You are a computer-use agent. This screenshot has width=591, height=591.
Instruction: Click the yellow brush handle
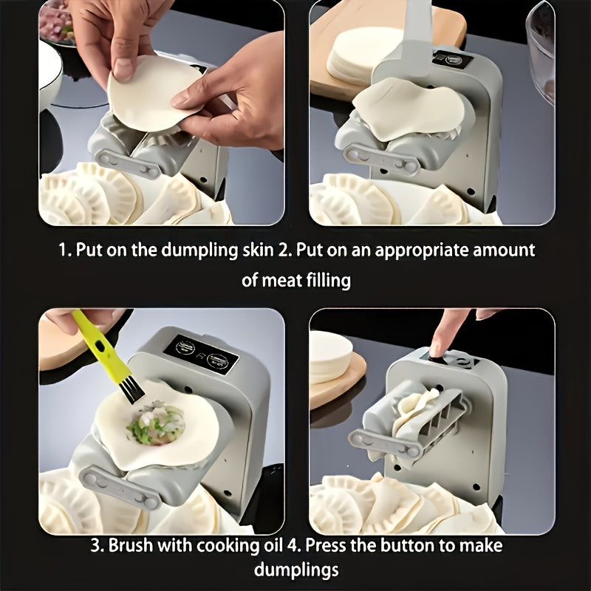click(x=99, y=346)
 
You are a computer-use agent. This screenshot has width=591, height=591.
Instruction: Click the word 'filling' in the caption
click(x=328, y=281)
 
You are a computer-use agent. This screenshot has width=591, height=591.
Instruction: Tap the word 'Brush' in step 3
click(x=131, y=545)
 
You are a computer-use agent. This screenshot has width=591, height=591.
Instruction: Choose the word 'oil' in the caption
click(x=272, y=545)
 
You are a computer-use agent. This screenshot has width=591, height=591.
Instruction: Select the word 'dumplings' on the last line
click(x=296, y=570)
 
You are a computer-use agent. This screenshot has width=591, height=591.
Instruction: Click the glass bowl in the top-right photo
click(x=541, y=52)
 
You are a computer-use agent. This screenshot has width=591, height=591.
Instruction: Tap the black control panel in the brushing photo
click(x=201, y=355)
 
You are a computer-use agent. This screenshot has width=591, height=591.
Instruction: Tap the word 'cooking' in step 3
click(x=226, y=546)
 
